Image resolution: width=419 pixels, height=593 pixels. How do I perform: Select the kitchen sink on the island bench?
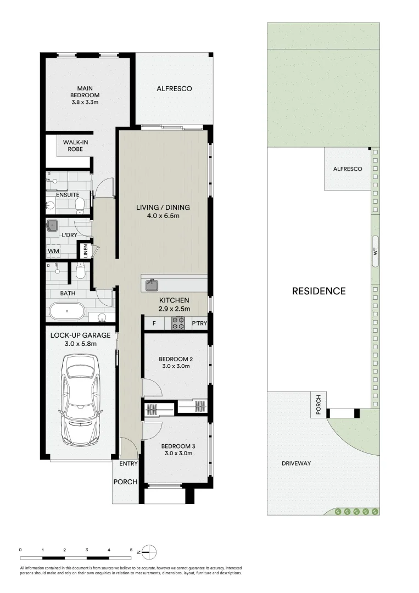click(151, 285)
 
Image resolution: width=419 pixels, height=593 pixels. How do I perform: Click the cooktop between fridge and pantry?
click(178, 323)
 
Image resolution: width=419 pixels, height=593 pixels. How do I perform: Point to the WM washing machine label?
click(53, 251)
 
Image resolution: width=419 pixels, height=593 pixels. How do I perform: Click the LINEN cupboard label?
click(85, 250)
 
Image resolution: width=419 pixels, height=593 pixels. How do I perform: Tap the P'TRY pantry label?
click(199, 323)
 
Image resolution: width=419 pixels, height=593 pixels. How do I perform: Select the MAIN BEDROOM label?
click(85, 94)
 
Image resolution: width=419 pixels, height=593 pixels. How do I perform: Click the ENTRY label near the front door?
click(129, 464)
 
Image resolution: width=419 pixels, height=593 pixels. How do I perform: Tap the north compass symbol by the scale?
click(151, 551)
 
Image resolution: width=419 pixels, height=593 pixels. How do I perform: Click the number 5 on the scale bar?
click(131, 549)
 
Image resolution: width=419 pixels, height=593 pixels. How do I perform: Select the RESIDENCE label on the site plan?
click(319, 291)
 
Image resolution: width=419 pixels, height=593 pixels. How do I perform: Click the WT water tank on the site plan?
click(375, 251)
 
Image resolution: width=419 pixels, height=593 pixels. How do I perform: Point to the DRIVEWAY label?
click(297, 463)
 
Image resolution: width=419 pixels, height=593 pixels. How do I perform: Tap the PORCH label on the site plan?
click(317, 405)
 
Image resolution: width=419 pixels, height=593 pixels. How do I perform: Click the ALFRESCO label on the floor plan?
click(174, 88)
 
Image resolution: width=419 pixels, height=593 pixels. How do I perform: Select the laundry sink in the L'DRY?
click(53, 225)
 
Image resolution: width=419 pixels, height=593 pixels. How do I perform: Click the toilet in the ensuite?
click(79, 205)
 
